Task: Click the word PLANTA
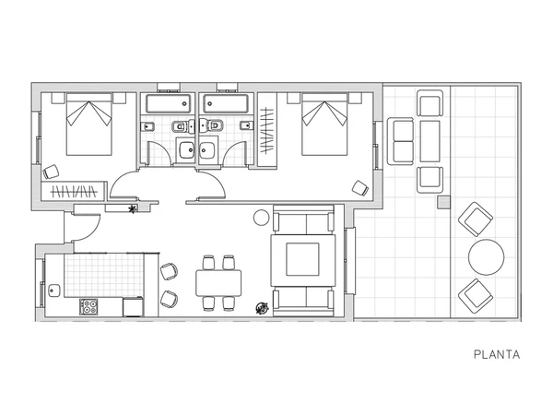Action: (x=497, y=354)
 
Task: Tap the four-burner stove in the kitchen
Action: (x=88, y=307)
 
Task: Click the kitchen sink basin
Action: (x=54, y=290)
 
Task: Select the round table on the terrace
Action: (x=486, y=257)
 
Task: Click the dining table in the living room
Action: (x=218, y=283)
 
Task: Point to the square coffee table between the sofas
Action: (x=302, y=259)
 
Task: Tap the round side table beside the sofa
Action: (x=262, y=218)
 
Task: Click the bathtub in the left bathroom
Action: (x=169, y=103)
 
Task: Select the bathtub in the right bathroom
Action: (x=226, y=103)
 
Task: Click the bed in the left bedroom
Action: (x=89, y=125)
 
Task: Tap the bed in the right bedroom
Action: (x=324, y=125)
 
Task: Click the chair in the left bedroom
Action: (x=51, y=172)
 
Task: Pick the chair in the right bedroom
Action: (x=360, y=188)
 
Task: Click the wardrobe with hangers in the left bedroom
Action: (x=74, y=191)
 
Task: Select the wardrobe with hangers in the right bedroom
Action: (x=267, y=130)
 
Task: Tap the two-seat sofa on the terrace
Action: (x=400, y=141)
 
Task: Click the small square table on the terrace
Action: (x=444, y=203)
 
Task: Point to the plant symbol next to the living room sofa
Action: (x=262, y=308)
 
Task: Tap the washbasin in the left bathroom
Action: (x=186, y=150)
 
